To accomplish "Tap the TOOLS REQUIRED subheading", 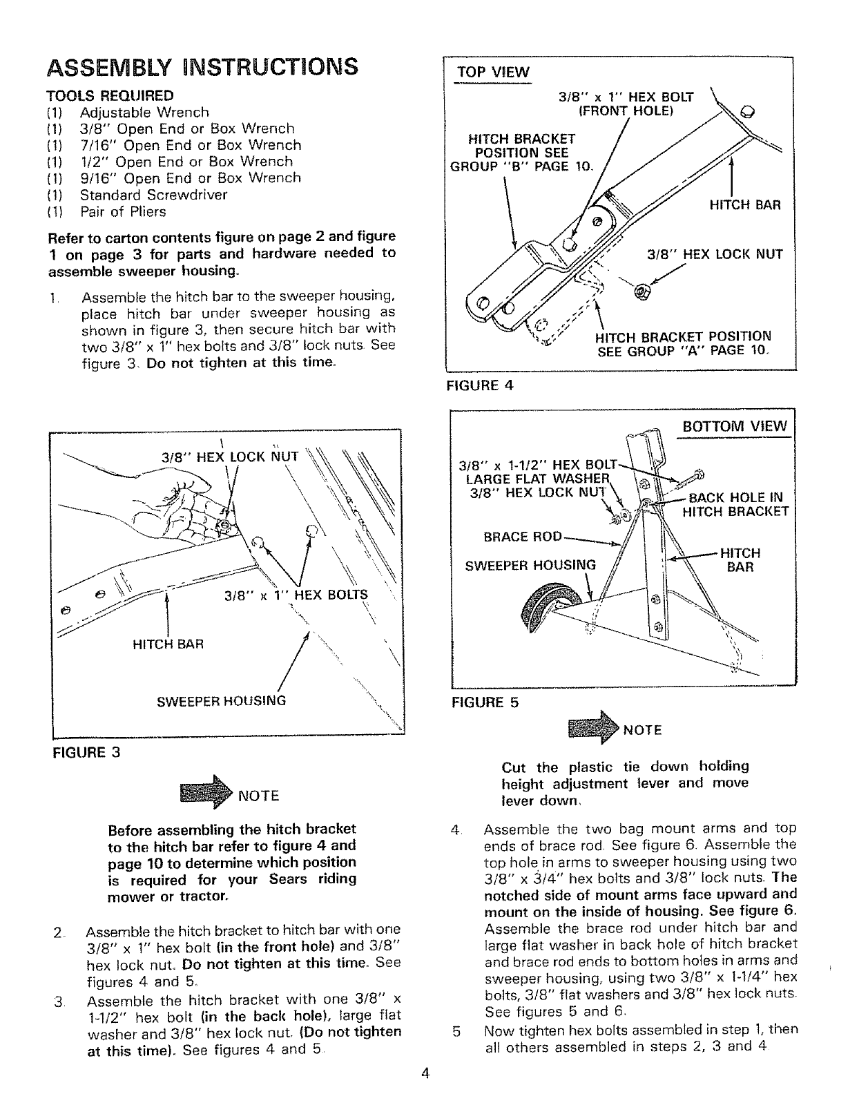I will (110, 95).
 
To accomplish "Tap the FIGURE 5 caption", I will (484, 702).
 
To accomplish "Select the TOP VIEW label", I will (492, 73).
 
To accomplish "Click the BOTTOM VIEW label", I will (735, 425).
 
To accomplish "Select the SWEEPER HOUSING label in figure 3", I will (221, 700).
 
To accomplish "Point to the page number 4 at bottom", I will (426, 1073).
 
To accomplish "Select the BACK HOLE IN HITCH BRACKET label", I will (735, 504).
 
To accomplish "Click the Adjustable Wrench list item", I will (144, 112).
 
